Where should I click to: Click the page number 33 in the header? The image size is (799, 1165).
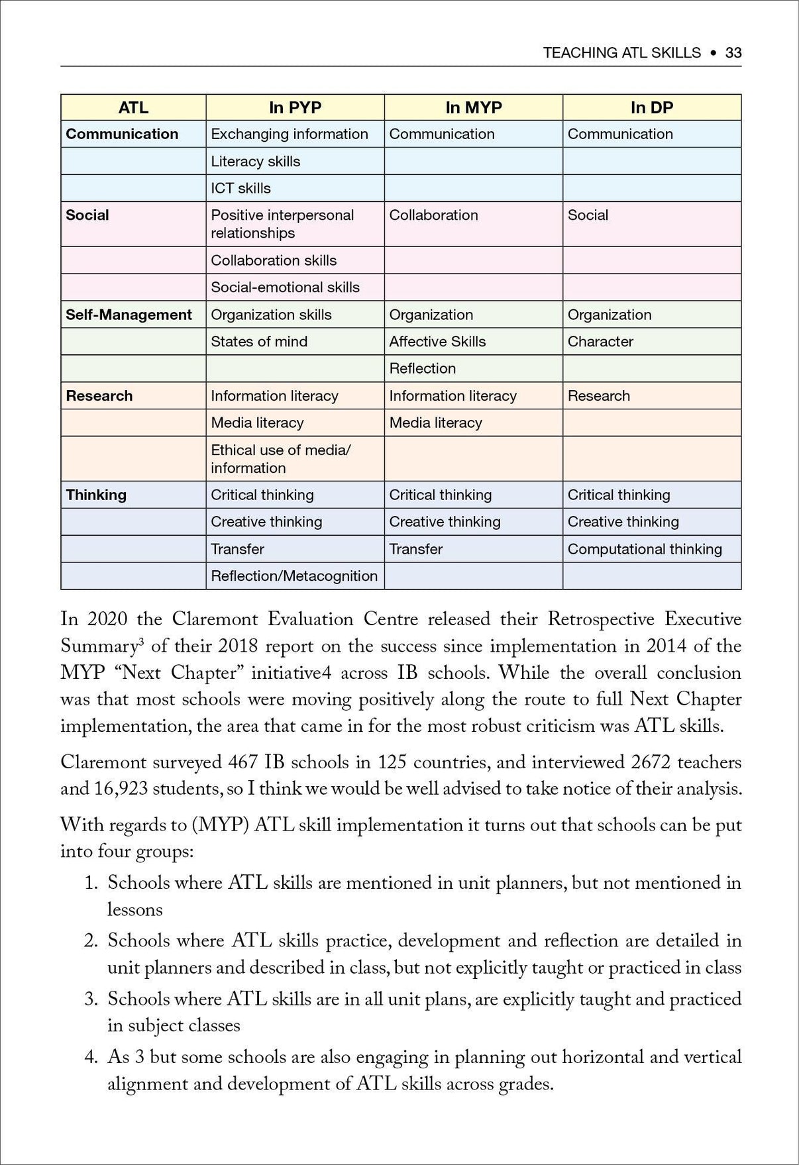733,53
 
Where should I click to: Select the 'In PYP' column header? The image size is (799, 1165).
295,107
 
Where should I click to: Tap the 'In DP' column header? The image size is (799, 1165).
651,107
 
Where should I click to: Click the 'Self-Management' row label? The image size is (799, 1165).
129,315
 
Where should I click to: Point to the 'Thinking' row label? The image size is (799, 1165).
96,495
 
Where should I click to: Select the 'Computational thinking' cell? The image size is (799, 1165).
645,549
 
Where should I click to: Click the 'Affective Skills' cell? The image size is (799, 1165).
437,342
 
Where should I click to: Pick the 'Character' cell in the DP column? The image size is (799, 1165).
600,342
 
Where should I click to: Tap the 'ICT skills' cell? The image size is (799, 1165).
240,188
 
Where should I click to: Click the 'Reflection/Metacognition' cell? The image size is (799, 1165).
294,576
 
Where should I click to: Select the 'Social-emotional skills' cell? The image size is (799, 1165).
285,287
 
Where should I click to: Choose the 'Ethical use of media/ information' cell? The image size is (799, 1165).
280,459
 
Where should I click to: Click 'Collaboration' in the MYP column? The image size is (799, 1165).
433,215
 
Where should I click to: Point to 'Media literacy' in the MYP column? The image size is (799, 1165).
435,423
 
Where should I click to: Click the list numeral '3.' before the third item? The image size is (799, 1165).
91,999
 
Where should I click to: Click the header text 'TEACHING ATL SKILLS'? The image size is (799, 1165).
621,53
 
